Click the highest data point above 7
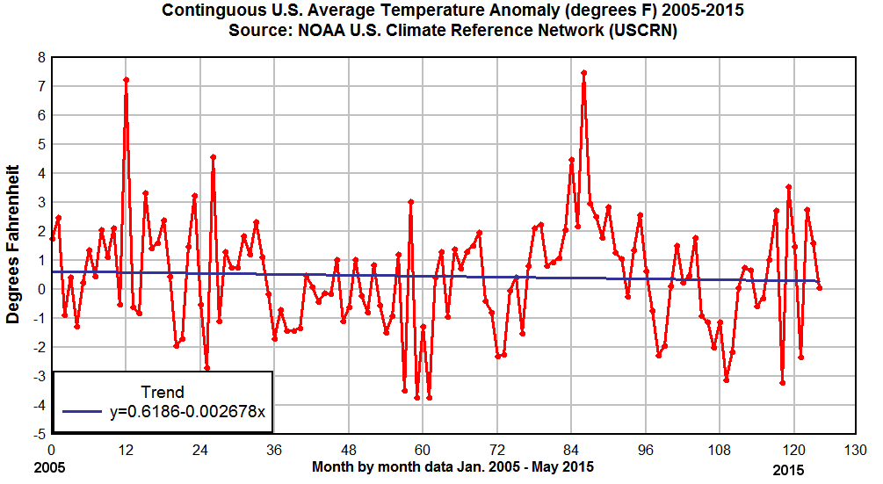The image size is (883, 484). point(583,73)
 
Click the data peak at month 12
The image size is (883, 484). point(127,80)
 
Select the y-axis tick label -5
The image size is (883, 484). point(38,434)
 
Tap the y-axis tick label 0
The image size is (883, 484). point(40,289)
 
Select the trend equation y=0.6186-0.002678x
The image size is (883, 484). point(187,411)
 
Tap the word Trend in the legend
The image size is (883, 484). point(163,392)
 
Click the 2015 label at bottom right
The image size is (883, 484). point(788,470)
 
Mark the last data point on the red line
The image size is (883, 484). point(819,287)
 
